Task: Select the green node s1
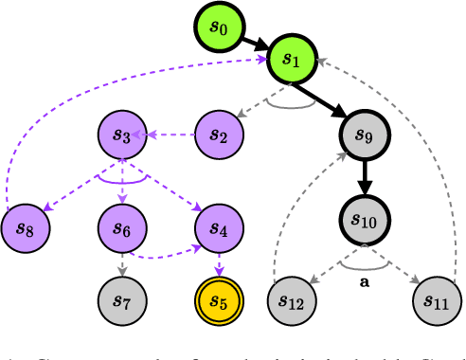click(291, 61)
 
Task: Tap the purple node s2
click(219, 135)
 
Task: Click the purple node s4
click(219, 227)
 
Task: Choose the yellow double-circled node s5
click(219, 301)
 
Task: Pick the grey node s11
click(437, 301)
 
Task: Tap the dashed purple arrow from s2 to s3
click(170, 135)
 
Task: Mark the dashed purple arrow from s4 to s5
click(219, 263)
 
